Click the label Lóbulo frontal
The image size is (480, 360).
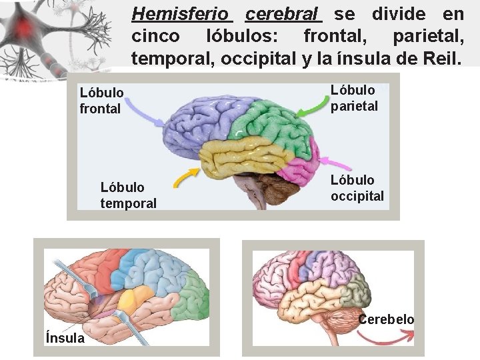click(101, 100)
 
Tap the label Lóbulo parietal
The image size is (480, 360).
click(354, 97)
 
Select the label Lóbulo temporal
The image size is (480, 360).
click(128, 195)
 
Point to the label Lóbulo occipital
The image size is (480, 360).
click(357, 187)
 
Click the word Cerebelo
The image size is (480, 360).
click(386, 319)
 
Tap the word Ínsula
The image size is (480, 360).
click(65, 337)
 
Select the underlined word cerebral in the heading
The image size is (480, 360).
click(283, 13)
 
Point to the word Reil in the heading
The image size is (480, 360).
click(437, 59)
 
